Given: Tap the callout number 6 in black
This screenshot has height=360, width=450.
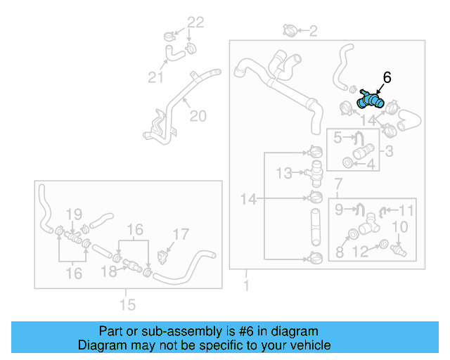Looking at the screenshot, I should point(387,77).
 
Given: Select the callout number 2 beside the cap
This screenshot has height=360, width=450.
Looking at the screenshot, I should point(313,30).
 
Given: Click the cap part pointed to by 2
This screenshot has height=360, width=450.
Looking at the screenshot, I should point(290,30).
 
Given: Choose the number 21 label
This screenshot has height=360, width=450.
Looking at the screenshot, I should point(155,77).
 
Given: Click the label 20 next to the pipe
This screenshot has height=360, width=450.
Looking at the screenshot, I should point(198,116).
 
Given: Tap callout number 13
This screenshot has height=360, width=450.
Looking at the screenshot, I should point(283,172).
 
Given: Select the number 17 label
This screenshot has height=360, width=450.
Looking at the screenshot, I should point(181,234).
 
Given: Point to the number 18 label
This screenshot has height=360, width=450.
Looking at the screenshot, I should point(109,271).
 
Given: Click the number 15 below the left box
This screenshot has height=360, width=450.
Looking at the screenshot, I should point(127,304).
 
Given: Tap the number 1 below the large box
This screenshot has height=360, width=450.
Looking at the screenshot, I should point(245,285).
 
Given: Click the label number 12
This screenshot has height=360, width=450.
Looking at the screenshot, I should point(359,251).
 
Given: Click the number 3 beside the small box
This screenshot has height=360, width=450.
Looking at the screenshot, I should point(389,150).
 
